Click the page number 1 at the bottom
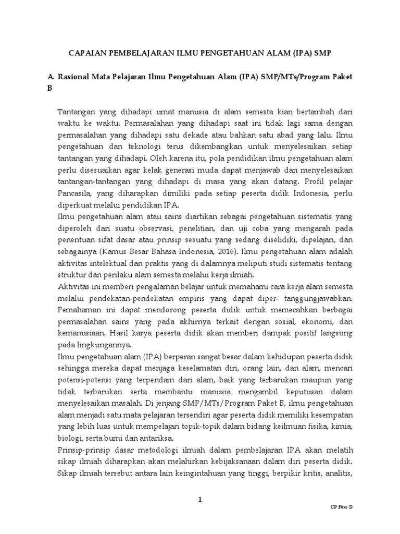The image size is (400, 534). (x=199, y=500)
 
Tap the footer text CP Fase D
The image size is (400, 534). (x=342, y=507)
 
